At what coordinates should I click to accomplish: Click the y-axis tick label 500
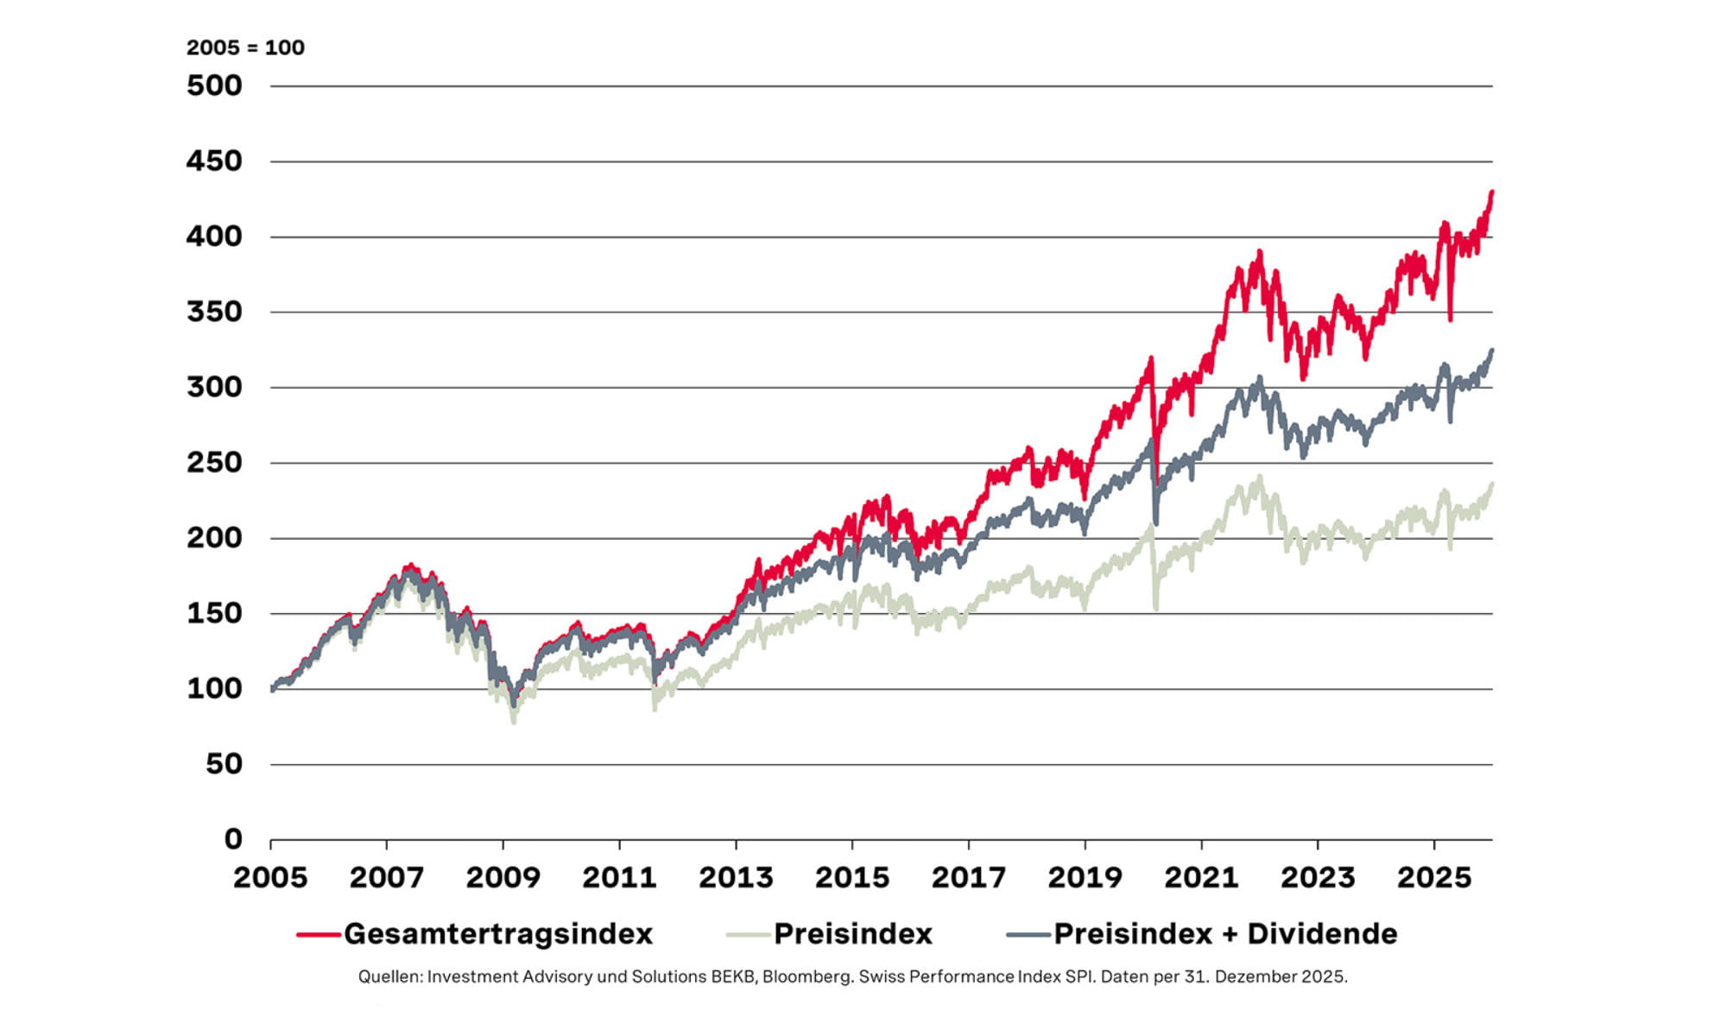214,86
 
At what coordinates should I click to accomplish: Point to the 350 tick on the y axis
214,312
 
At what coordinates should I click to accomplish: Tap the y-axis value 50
224,764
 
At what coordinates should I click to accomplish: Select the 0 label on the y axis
233,838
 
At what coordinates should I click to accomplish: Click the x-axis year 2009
503,878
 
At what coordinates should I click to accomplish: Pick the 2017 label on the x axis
968,878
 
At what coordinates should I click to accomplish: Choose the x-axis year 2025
1433,878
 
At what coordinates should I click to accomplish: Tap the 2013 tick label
736,878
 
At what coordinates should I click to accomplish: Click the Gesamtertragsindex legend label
497,934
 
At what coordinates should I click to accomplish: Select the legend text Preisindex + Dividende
1224,934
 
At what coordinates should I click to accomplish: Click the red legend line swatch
318,935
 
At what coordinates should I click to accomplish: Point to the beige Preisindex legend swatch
748,935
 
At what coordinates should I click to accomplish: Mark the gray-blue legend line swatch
1028,935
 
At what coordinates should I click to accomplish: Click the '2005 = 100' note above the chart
245,47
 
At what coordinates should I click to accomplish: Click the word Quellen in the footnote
389,976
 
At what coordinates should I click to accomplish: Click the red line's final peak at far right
1492,193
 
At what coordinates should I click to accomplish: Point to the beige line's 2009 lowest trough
514,721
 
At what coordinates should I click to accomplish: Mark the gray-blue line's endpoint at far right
1492,351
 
